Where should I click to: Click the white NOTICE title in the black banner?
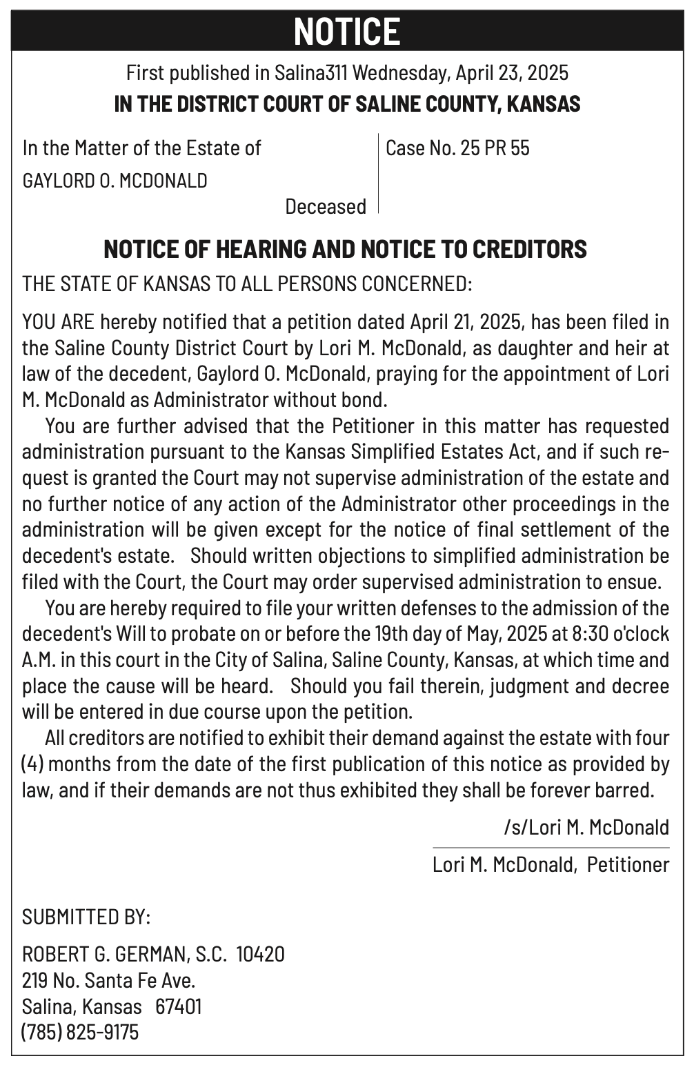pos(347,31)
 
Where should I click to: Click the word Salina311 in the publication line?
pos(310,72)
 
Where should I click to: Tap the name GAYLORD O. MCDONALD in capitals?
pos(115,181)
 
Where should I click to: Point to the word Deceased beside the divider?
pos(326,206)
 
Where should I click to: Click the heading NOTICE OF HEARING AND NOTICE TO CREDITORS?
pos(345,248)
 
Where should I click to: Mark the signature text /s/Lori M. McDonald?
pos(586,826)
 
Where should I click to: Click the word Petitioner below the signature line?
pos(628,864)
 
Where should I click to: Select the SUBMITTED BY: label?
pos(86,917)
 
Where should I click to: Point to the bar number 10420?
pos(260,954)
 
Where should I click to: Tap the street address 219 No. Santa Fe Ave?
pos(108,979)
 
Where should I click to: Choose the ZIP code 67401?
pos(179,1006)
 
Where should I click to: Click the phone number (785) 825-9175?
pos(80,1032)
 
